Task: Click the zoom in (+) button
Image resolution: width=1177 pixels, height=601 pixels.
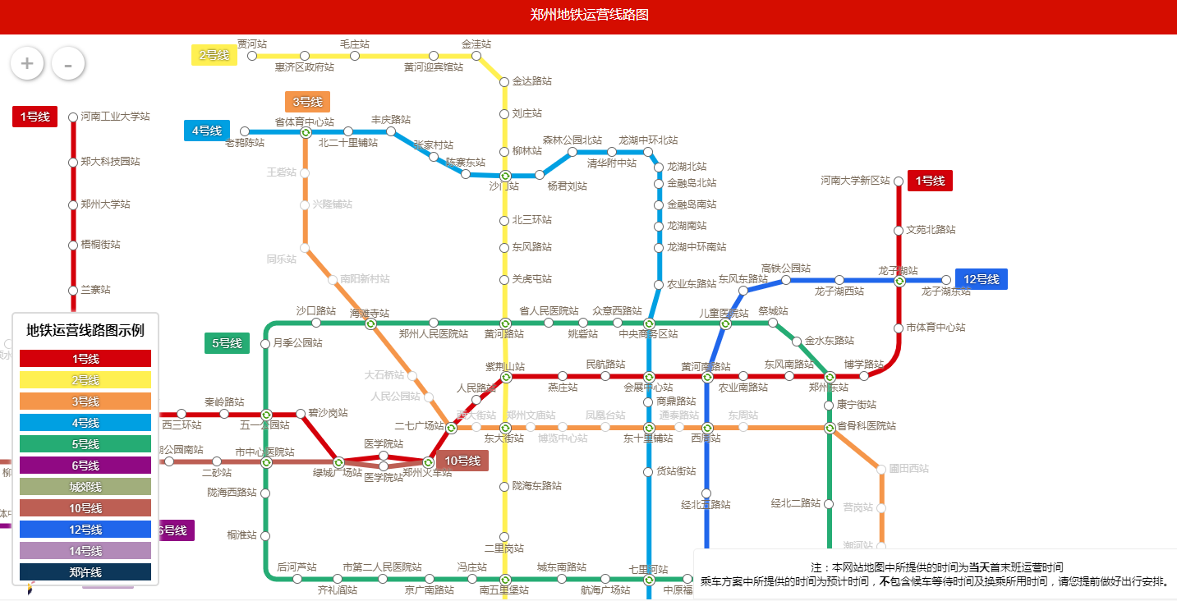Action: (27, 63)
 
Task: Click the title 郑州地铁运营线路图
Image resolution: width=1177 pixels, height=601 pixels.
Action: (589, 15)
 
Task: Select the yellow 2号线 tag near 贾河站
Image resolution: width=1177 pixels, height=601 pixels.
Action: (214, 55)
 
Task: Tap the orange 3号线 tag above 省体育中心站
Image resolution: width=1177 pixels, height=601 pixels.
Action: (307, 102)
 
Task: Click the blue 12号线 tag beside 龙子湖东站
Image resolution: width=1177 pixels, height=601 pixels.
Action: (981, 279)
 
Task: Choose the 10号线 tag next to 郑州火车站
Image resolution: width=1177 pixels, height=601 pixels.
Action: (462, 461)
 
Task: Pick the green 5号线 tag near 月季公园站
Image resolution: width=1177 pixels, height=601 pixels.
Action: (227, 343)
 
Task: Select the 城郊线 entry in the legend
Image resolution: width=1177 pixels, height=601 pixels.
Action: (85, 487)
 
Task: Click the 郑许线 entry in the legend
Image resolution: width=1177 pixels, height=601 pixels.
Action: (85, 572)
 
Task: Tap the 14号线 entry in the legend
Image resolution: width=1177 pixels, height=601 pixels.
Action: (85, 551)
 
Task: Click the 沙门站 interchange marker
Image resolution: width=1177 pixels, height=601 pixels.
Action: (505, 176)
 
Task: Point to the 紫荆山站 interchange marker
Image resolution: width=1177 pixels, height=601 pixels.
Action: (506, 377)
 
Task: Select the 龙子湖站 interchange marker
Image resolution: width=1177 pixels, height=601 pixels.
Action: (899, 281)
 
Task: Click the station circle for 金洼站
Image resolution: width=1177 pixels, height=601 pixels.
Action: (476, 56)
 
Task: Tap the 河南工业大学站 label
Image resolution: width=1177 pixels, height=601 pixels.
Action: (115, 117)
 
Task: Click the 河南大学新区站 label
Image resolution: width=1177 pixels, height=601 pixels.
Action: (855, 181)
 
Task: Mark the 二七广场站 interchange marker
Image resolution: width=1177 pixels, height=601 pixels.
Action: (451, 428)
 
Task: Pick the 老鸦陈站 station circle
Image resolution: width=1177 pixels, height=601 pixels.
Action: (245, 131)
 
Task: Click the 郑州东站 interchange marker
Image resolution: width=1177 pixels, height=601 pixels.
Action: (830, 377)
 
